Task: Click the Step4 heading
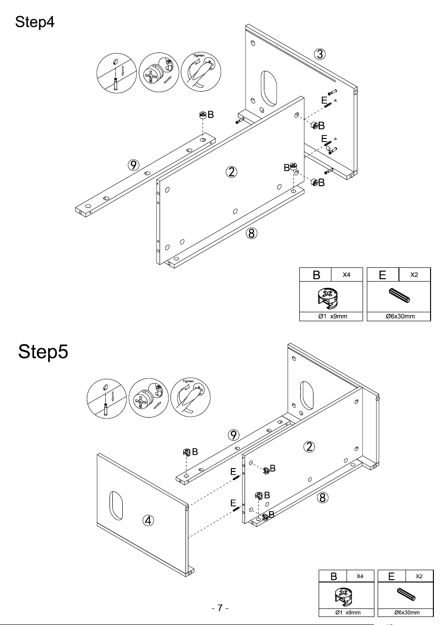tap(34, 22)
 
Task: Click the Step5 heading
tap(43, 351)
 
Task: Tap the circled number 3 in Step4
tap(320, 54)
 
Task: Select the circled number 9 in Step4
tap(134, 165)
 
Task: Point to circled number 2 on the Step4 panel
tap(231, 172)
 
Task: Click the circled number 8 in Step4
tap(251, 233)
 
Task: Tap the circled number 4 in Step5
tap(148, 521)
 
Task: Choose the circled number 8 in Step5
tap(322, 497)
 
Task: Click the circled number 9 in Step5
tap(234, 435)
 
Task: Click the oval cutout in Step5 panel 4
tap(116, 505)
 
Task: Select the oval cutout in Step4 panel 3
tap(269, 88)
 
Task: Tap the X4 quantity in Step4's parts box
tap(347, 275)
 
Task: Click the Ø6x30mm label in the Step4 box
tap(400, 316)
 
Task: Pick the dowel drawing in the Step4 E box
tap(399, 296)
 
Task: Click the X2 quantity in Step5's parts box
tap(419, 576)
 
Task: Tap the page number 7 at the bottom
tap(220, 608)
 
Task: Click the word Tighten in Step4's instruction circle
tap(199, 56)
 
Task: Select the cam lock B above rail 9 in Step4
tap(203, 114)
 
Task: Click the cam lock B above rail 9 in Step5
tap(186, 452)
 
